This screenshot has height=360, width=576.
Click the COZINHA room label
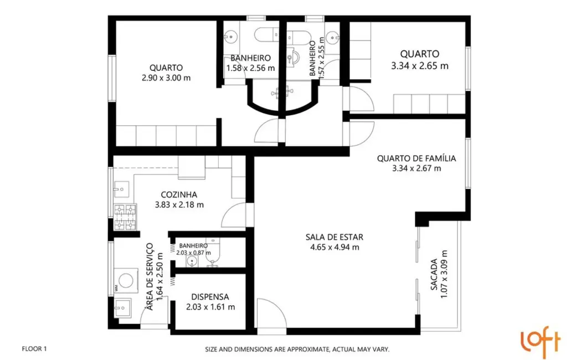point(179,194)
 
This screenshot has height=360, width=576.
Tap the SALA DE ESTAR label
point(335,237)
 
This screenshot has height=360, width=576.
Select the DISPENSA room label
point(210,297)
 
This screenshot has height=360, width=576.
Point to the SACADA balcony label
point(435,275)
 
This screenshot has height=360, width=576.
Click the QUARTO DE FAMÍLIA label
point(416,158)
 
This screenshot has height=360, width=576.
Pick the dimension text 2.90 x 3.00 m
point(166,78)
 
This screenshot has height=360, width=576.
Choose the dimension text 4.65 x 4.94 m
point(335,248)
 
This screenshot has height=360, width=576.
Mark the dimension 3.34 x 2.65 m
point(420,65)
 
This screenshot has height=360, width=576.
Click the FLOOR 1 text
point(34,349)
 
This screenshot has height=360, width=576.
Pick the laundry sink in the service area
point(121,305)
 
